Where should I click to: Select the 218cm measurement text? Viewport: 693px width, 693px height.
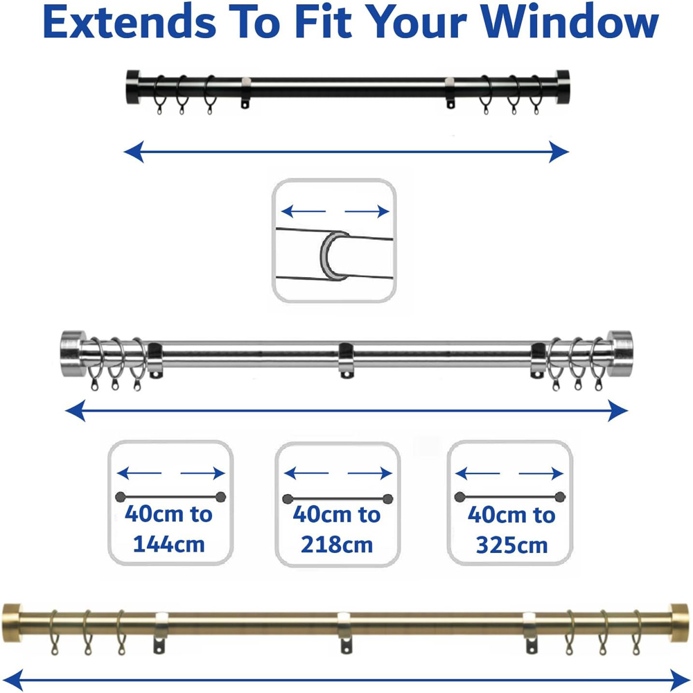pos(336,544)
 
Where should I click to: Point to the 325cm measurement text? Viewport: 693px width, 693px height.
pos(511,545)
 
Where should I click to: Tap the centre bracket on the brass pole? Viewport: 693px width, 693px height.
pos(344,629)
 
